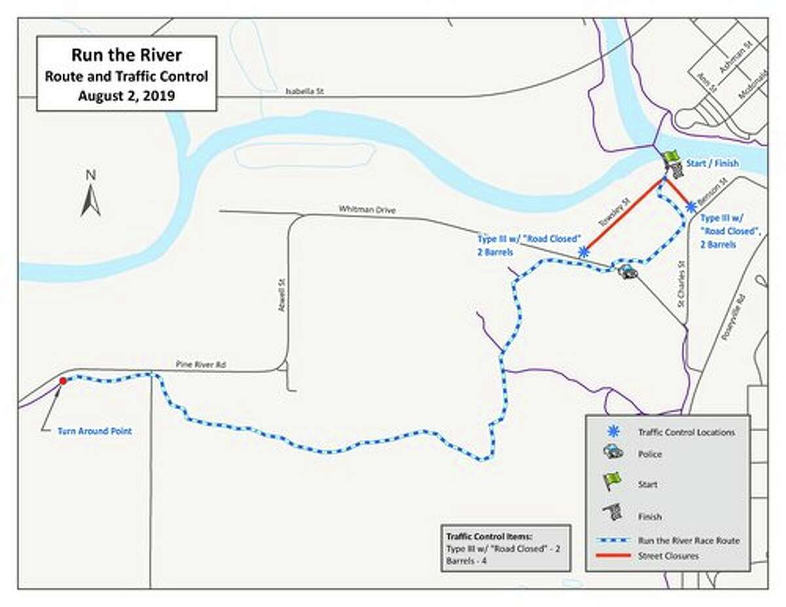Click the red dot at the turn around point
click(62, 381)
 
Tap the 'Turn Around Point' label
click(94, 431)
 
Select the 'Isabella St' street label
click(305, 92)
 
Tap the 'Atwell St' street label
click(281, 295)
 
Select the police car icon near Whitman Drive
click(627, 271)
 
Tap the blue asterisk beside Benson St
click(690, 207)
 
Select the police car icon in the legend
click(612, 452)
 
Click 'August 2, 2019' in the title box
click(126, 96)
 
